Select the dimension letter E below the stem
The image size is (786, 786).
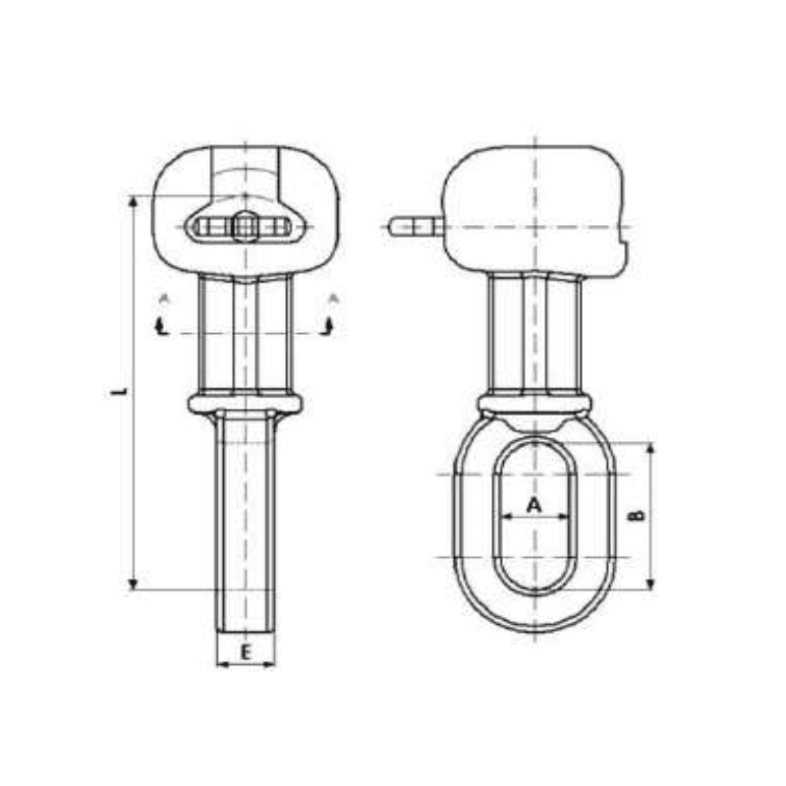246,650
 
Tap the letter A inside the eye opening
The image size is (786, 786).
533,504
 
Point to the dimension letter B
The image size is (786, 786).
637,514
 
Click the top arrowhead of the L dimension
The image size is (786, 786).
133,202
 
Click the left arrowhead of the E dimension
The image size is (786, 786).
221,665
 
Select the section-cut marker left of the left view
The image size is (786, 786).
163,324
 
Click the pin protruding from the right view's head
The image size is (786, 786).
413,227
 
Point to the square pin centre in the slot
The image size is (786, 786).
244,228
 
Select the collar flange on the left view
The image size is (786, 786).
245,403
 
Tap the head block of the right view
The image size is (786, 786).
535,206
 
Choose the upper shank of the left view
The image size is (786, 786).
245,334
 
